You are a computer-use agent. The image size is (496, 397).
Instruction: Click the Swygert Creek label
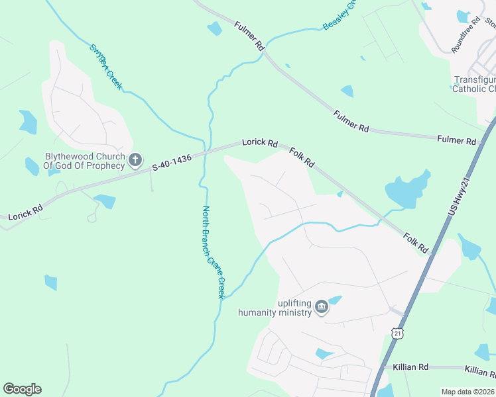click(x=106, y=67)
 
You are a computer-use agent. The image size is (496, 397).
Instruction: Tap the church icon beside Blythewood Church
click(x=135, y=159)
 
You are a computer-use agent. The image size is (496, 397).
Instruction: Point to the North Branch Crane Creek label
click(x=214, y=252)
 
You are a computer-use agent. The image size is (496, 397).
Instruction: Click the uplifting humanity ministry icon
click(x=322, y=307)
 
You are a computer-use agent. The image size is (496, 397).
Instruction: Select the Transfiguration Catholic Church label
click(x=474, y=84)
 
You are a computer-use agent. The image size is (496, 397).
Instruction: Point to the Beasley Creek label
click(x=340, y=15)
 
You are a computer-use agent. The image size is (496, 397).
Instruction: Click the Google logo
click(x=22, y=389)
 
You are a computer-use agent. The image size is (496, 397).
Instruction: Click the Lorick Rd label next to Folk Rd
click(x=259, y=142)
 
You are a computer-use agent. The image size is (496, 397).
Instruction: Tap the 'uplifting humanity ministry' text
click(x=275, y=308)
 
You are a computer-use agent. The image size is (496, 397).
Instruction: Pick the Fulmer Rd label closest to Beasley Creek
click(x=249, y=36)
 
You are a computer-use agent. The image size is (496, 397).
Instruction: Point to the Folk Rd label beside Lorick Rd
click(x=302, y=157)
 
